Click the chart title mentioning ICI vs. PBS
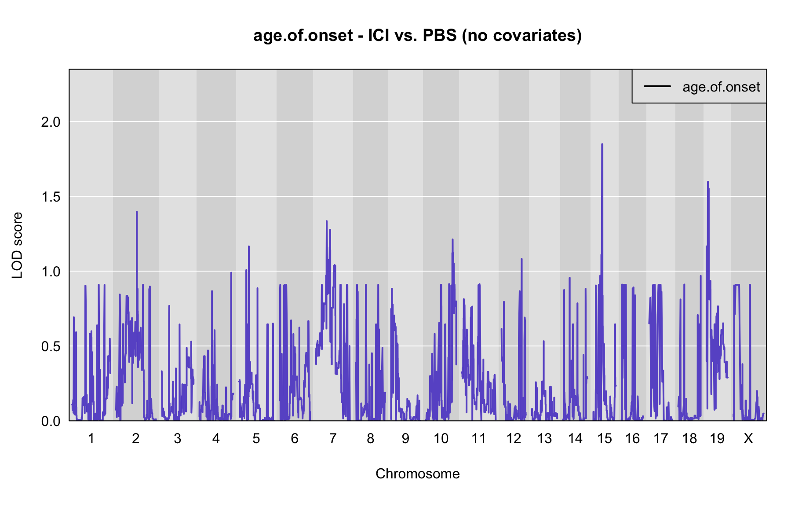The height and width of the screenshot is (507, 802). point(417,36)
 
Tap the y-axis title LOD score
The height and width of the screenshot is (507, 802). point(17,245)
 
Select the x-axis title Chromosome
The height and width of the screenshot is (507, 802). point(417,474)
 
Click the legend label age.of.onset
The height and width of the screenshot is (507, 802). point(721,87)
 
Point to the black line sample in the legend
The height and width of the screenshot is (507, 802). point(657,86)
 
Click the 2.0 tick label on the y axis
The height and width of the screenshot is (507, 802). point(51,122)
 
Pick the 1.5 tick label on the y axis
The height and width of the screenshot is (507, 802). point(51,197)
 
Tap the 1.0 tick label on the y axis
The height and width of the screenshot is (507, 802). point(51,272)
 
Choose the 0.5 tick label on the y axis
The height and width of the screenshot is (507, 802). point(51,346)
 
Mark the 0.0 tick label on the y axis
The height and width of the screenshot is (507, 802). point(51,421)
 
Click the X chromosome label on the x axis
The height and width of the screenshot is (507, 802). point(748,438)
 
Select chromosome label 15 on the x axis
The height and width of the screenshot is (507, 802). point(605,438)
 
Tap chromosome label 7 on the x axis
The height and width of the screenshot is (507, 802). point(333,438)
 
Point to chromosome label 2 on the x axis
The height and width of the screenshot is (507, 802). point(135,438)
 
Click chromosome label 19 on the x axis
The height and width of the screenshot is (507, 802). point(717,438)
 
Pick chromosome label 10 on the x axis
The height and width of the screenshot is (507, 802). point(441,438)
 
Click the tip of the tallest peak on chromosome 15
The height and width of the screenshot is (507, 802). point(602,144)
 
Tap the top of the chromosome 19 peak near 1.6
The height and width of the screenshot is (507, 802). point(707,182)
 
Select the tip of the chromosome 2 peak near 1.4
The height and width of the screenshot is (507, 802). point(137,212)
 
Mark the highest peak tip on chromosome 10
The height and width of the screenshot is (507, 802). point(452,239)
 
